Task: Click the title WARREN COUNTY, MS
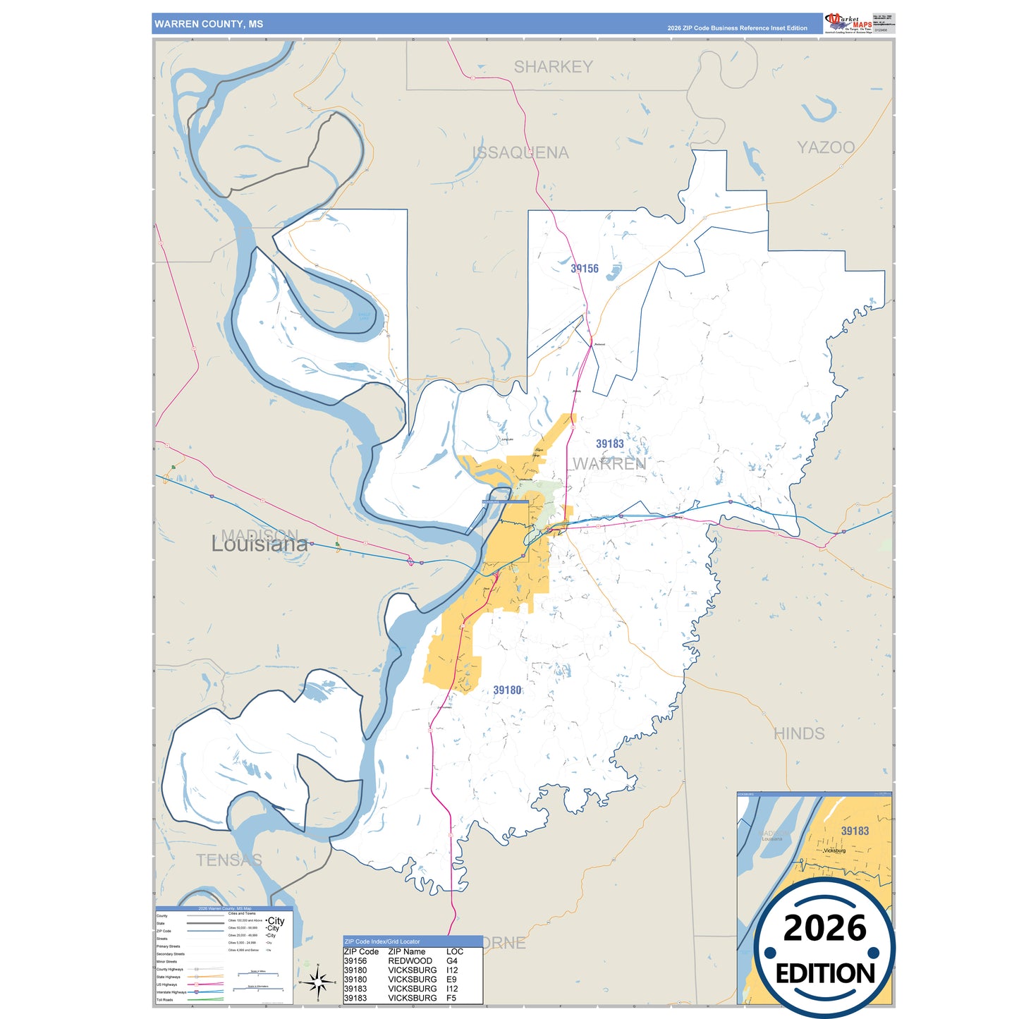point(209,24)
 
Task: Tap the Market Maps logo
point(848,23)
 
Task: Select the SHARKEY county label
point(553,67)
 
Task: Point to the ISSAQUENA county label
point(520,153)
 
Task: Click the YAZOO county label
point(826,147)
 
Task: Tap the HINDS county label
point(799,733)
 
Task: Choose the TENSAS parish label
point(228,860)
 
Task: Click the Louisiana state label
point(260,544)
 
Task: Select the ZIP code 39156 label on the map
point(584,269)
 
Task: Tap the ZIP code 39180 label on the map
point(507,690)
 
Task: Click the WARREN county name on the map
point(609,464)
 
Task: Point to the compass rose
point(318,981)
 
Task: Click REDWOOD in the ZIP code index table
point(410,961)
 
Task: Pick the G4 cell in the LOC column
point(451,961)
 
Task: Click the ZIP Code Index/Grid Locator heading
point(382,941)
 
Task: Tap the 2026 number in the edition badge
point(824,928)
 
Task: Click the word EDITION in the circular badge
point(824,974)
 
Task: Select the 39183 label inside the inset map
point(855,831)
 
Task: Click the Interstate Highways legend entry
point(171,992)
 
